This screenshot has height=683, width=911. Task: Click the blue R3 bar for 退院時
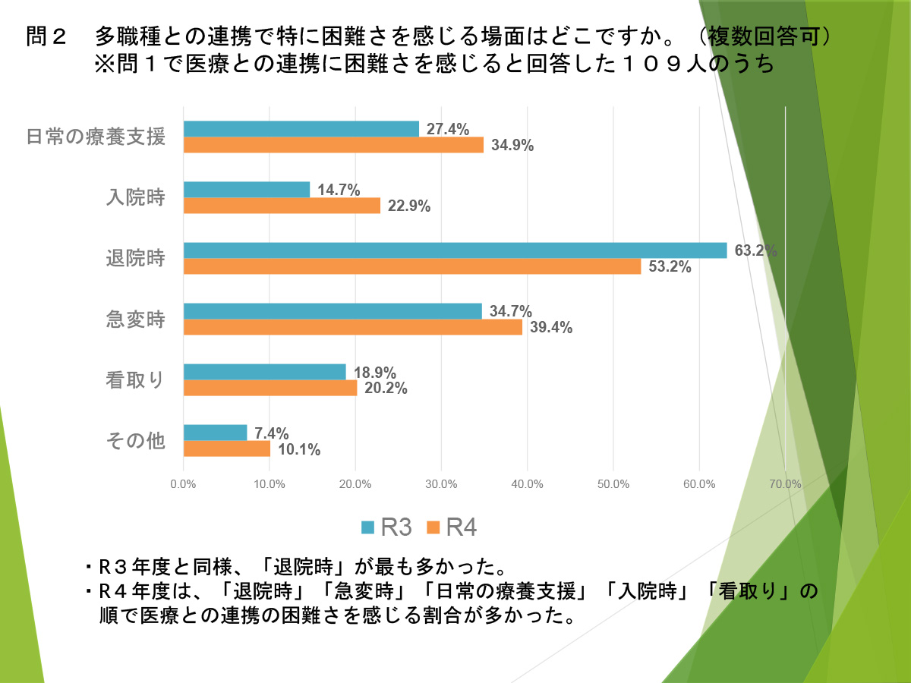pyautogui.click(x=455, y=250)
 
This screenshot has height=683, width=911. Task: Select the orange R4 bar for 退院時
pyautogui.click(x=412, y=266)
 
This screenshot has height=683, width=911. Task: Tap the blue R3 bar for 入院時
pyautogui.click(x=247, y=190)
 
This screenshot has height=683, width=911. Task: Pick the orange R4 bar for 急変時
pyautogui.click(x=353, y=327)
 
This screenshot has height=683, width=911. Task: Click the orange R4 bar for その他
pyautogui.click(x=227, y=449)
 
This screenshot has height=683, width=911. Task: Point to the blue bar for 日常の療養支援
pyautogui.click(x=301, y=129)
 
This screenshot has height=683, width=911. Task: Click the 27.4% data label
pyautogui.click(x=447, y=129)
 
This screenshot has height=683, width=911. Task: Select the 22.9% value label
pyautogui.click(x=409, y=206)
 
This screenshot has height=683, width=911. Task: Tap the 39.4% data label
pyautogui.click(x=550, y=327)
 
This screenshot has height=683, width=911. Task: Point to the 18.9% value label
pyautogui.click(x=374, y=373)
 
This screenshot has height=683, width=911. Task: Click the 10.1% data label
pyautogui.click(x=298, y=449)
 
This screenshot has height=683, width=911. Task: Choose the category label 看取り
pyautogui.click(x=135, y=380)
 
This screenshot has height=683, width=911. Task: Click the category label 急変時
pyautogui.click(x=135, y=319)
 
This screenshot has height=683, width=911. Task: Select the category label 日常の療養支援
pyautogui.click(x=96, y=137)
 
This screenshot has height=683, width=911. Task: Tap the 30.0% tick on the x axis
pyautogui.click(x=441, y=484)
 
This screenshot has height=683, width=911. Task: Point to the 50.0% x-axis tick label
pyautogui.click(x=613, y=484)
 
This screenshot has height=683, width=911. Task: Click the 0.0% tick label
pyautogui.click(x=184, y=484)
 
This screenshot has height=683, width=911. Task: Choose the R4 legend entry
pyautogui.click(x=452, y=527)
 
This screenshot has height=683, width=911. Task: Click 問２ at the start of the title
pyautogui.click(x=48, y=37)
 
